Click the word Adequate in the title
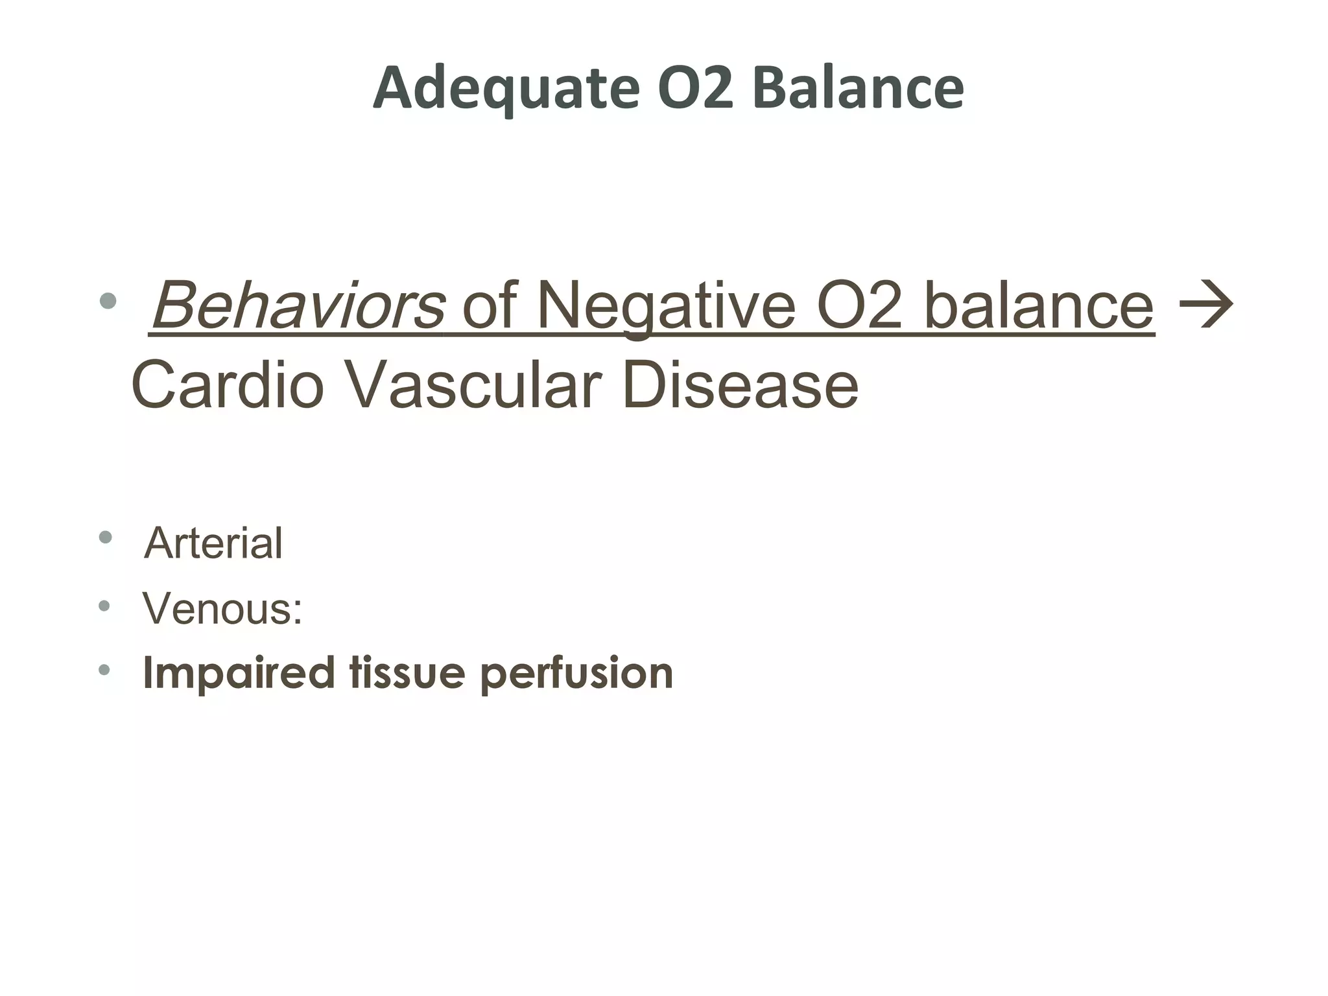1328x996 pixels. point(506,89)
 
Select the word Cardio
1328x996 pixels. point(227,385)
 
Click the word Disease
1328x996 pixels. point(740,385)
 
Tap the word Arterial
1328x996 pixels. point(213,543)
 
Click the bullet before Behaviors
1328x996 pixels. point(108,300)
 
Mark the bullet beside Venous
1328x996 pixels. point(105,606)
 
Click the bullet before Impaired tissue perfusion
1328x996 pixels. point(105,670)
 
